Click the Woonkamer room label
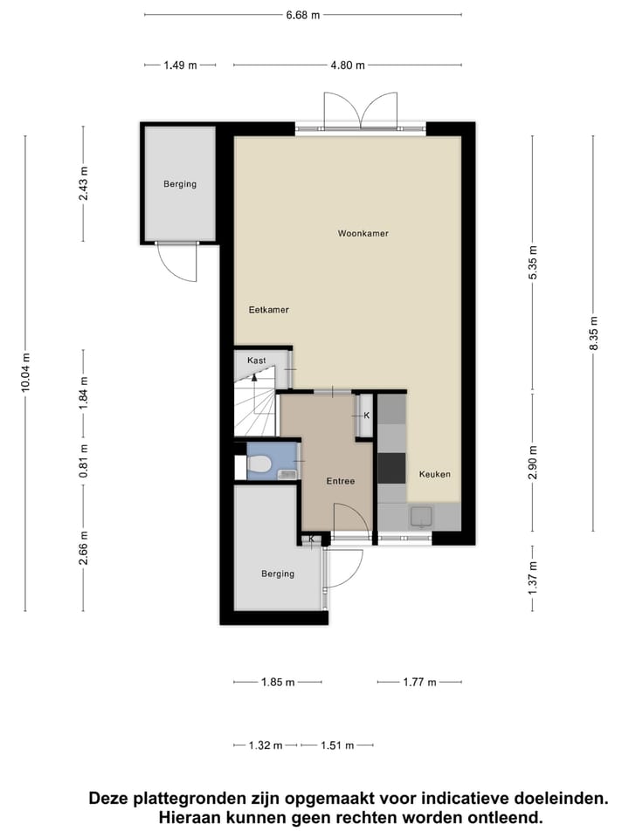click(x=363, y=234)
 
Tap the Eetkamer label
click(x=268, y=310)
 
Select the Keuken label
click(x=434, y=474)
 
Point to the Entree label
click(x=340, y=481)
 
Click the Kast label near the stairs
click(x=256, y=361)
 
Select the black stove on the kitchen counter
click(x=391, y=468)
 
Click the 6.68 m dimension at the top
click(x=302, y=14)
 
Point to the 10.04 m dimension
click(x=25, y=373)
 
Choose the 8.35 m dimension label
click(x=593, y=333)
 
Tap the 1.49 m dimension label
click(x=180, y=65)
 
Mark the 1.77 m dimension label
click(x=419, y=683)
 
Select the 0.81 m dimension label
click(x=84, y=462)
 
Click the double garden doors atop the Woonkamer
click(x=360, y=112)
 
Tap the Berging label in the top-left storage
click(x=180, y=184)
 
